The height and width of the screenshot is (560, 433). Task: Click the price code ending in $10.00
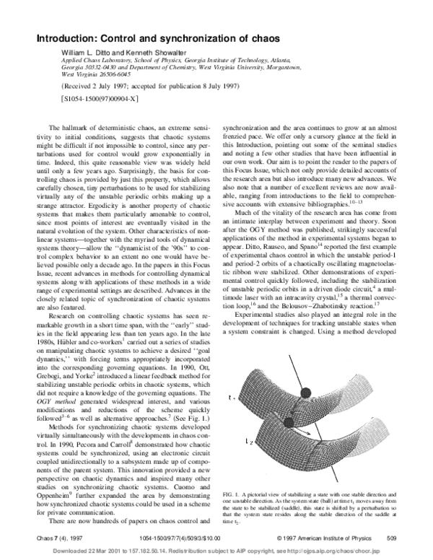pyautogui.click(x=204, y=538)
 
